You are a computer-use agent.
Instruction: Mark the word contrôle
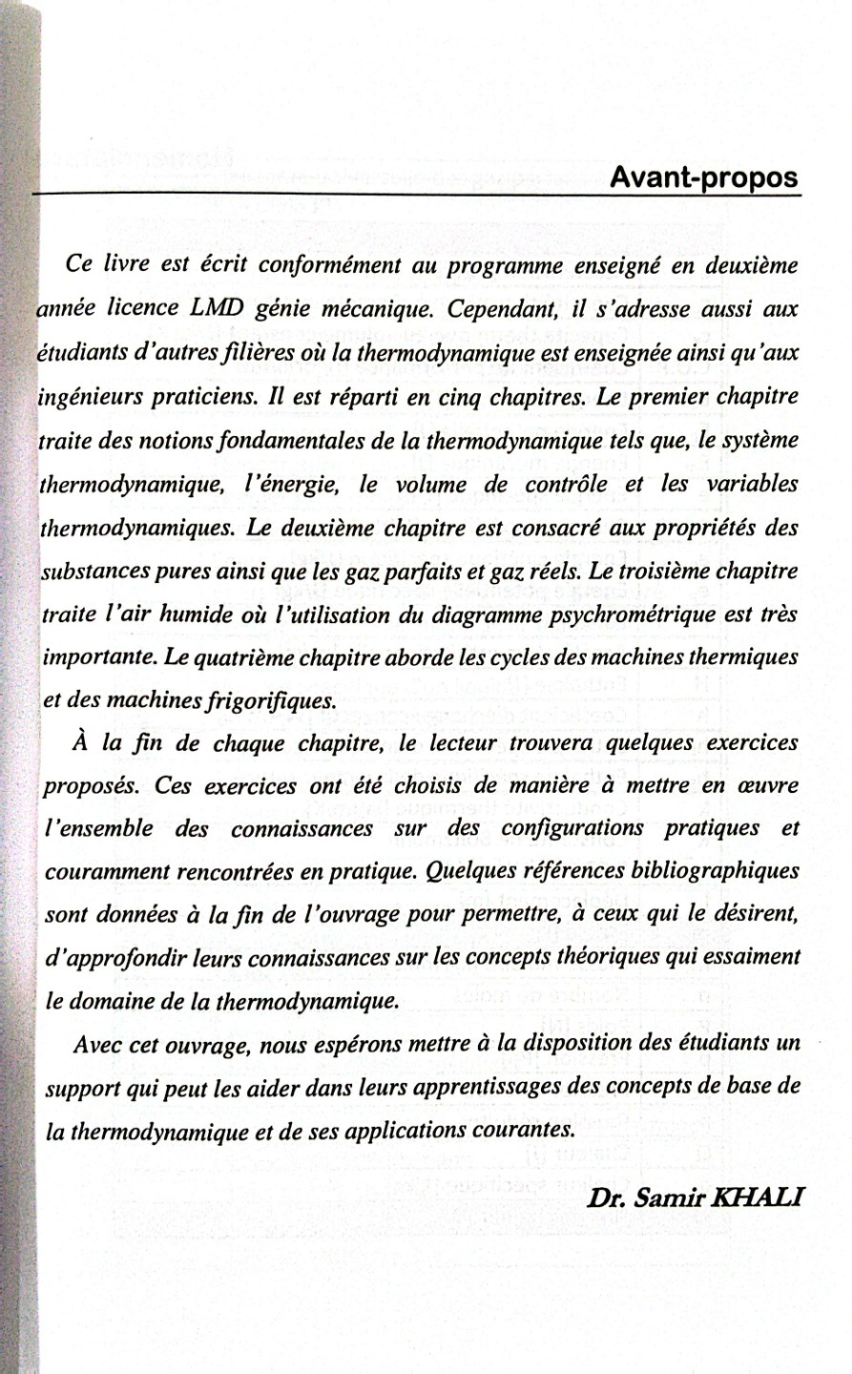567,485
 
